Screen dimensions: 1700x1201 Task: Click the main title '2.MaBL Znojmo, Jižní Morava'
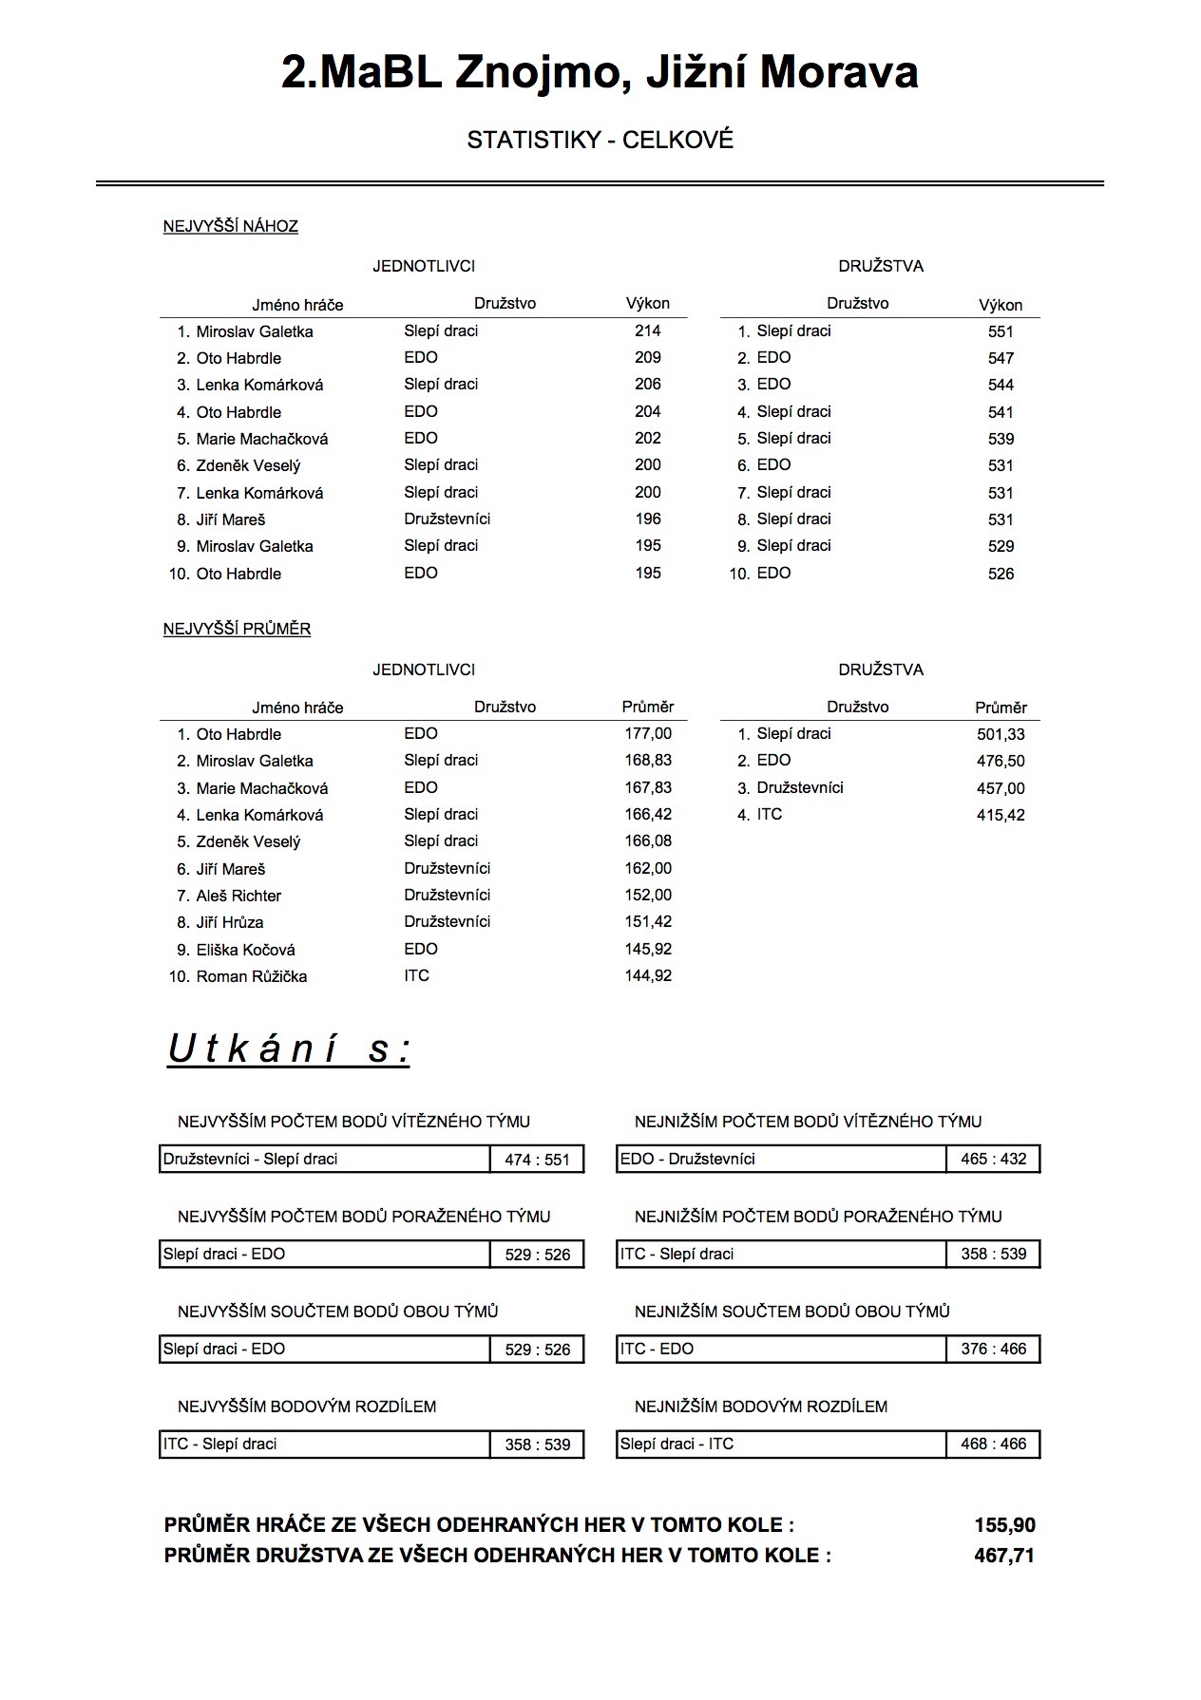600,72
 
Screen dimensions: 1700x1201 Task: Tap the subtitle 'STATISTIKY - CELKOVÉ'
600,140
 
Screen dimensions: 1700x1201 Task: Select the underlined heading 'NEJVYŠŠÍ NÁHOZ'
230,226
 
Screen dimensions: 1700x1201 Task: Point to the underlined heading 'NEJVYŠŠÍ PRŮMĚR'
237,629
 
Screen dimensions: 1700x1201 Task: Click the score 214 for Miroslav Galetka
647,331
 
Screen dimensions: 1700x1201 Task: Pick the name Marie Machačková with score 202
261,439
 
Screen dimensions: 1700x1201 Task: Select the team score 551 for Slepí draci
1001,331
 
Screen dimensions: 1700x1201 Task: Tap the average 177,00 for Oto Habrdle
648,733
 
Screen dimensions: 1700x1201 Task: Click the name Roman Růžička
251,976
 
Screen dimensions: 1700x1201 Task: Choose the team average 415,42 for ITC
1001,815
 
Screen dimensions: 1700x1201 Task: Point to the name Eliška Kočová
245,950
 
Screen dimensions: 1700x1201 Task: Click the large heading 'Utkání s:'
289,1049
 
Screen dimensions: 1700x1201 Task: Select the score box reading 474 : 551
537,1160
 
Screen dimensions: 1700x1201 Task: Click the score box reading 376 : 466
993,1349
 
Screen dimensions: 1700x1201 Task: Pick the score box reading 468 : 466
993,1444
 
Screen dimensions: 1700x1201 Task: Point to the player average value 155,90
1004,1525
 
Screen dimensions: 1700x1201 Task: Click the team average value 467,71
1004,1556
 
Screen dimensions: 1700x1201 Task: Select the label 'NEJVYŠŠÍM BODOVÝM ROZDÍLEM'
307,1407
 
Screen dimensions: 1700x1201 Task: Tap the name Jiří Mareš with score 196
230,519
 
